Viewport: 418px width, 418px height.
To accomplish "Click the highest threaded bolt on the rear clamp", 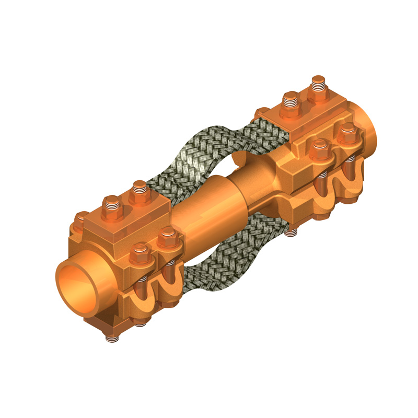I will point(318,86).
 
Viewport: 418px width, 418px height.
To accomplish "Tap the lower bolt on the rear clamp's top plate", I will point(291,102).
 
